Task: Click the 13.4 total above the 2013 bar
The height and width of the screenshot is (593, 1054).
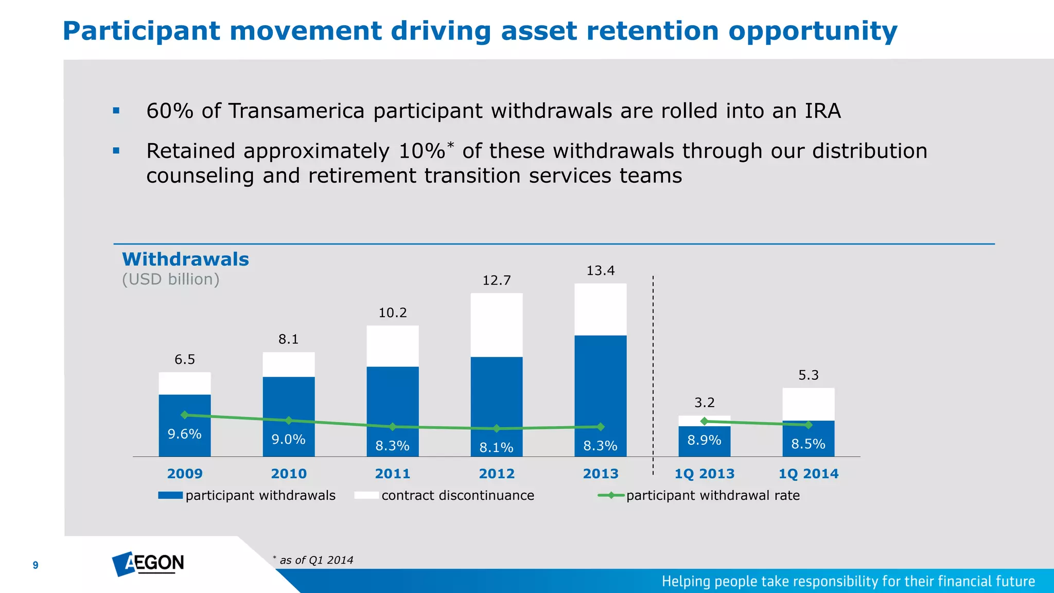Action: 600,271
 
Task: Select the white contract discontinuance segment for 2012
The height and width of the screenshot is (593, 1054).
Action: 496,325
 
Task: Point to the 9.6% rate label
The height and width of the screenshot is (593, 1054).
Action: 184,434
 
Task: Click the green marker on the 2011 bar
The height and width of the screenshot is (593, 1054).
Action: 393,427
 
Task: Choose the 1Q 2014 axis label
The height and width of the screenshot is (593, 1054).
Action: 808,474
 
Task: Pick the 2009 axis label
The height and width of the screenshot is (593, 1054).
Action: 185,474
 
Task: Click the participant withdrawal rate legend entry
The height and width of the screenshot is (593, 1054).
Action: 712,495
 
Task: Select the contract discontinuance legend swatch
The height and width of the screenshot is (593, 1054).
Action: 366,495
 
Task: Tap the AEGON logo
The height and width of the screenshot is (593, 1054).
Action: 148,564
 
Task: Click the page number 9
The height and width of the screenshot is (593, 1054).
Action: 36,565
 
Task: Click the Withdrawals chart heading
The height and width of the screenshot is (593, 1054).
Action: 185,259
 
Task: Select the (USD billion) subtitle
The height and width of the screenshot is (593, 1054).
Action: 170,279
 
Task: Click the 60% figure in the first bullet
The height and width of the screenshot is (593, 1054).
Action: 169,111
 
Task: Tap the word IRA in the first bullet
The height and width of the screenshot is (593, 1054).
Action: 822,111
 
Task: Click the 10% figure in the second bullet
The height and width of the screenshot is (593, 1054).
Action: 421,151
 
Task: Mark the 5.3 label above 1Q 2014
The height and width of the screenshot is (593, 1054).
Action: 808,375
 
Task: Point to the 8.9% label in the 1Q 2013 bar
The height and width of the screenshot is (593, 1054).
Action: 704,440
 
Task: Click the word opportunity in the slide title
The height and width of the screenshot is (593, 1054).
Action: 813,31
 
